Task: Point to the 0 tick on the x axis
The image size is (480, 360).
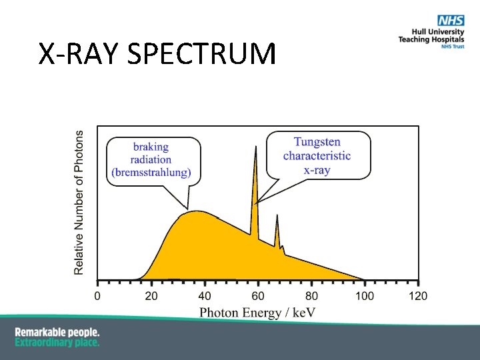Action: tap(97, 295)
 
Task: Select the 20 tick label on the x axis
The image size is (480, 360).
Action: tap(151, 295)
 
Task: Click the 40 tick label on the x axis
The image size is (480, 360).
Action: tap(205, 295)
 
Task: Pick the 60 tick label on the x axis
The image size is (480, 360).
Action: tap(258, 295)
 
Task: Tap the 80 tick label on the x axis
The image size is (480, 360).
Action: tap(311, 295)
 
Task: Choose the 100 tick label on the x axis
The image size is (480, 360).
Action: tap(365, 295)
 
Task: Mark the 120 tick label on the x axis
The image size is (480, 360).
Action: tap(418, 295)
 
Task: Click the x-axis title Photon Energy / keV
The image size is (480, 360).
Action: tap(257, 312)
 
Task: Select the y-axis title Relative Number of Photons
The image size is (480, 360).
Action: tap(79, 202)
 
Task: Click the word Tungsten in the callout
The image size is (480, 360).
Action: tap(317, 142)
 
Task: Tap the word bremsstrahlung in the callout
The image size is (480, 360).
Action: tap(151, 172)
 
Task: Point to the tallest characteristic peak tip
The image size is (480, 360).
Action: tap(255, 147)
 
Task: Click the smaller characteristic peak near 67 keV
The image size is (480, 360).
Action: tap(277, 217)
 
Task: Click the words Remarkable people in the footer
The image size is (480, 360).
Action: tap(57, 332)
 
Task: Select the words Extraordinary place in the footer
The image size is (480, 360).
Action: tap(57, 342)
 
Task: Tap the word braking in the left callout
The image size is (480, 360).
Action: tap(151, 147)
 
